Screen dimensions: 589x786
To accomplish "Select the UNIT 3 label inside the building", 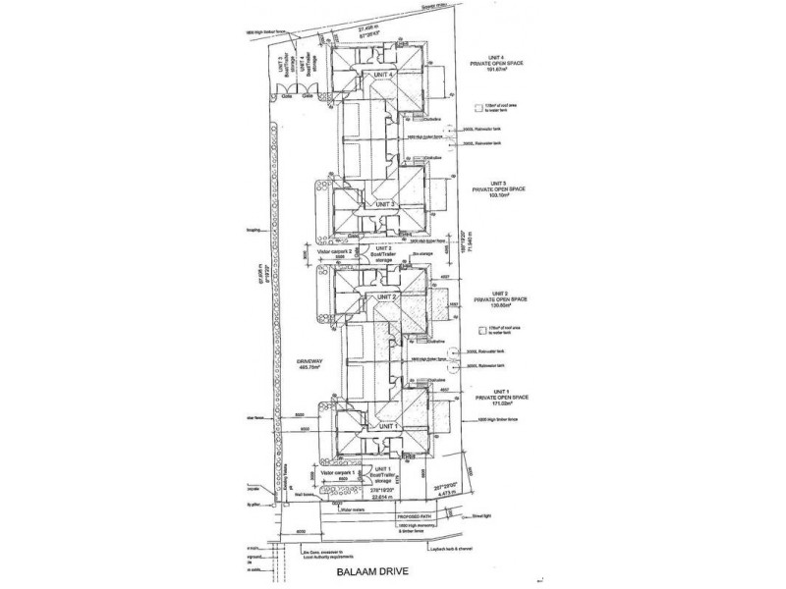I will [x=381, y=203].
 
